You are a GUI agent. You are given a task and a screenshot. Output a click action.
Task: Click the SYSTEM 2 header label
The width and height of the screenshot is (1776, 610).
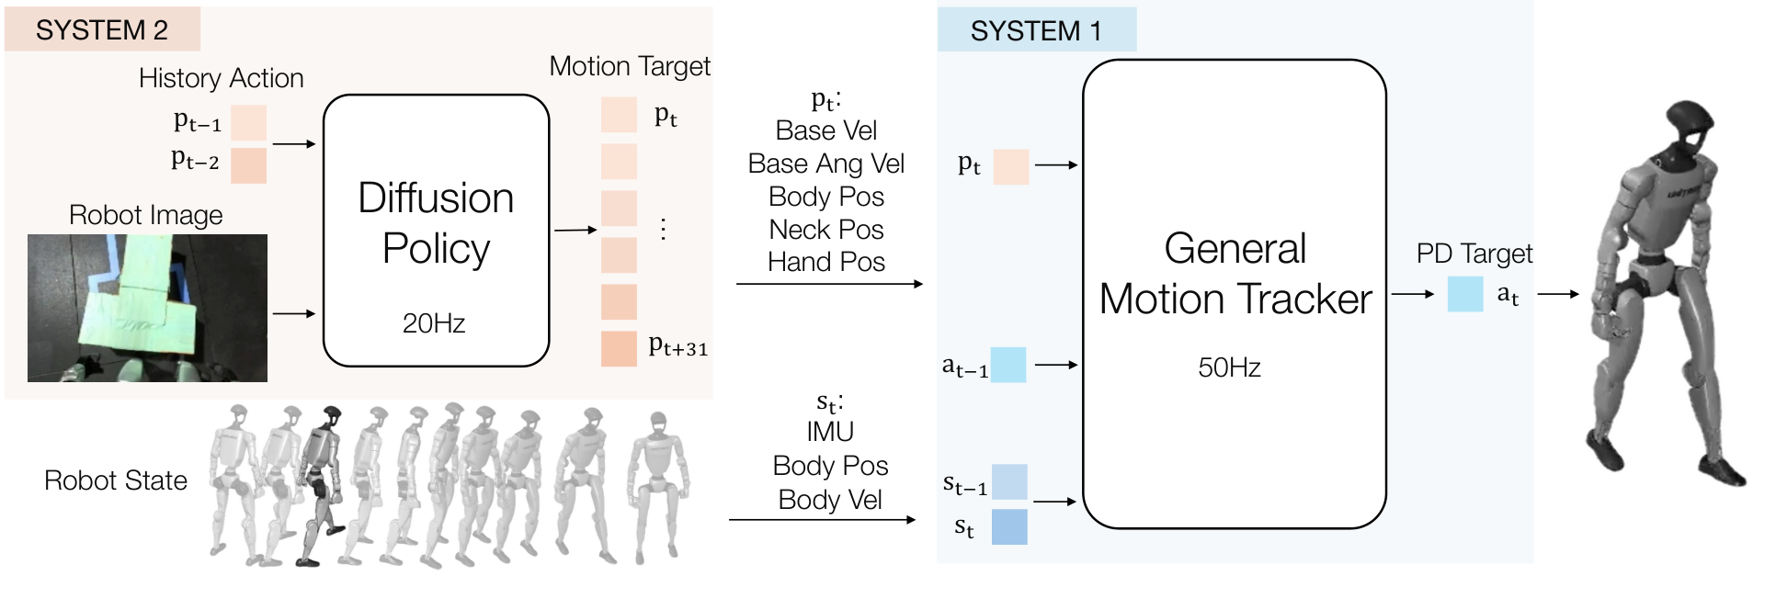coord(102,30)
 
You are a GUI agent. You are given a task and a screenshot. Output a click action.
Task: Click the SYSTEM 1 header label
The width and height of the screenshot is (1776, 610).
coord(1036,31)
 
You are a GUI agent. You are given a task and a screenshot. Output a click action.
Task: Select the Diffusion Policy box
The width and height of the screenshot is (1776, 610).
coord(436,230)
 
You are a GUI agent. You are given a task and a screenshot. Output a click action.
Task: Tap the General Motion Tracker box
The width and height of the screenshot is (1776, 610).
coord(1234,294)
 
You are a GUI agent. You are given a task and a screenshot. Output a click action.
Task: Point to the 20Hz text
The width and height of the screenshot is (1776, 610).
coord(434,323)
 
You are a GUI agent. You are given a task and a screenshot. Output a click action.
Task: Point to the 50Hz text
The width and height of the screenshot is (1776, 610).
coord(1229,367)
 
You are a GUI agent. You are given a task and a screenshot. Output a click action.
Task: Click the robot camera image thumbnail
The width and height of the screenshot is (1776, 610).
coord(147,308)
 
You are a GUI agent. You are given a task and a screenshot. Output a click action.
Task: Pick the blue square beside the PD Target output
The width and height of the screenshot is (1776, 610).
coord(1465,294)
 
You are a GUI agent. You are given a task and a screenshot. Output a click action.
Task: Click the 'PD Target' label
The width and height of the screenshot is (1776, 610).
coord(1474,254)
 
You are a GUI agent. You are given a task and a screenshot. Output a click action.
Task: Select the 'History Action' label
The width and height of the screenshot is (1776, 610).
coord(221,78)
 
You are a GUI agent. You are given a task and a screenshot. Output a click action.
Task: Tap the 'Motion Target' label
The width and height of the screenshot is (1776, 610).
coord(630,66)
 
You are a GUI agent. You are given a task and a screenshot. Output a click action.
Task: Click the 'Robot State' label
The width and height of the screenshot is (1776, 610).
coord(116,480)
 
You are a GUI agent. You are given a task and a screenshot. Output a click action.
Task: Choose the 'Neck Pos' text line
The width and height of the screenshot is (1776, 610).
coord(826,230)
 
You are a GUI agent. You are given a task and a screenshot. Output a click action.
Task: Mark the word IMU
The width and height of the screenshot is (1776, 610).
coord(830,432)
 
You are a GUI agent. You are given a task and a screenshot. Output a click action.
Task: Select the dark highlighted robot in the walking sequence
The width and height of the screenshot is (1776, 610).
coord(319,485)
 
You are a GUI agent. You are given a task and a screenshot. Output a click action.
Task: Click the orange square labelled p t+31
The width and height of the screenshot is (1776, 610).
coord(619,348)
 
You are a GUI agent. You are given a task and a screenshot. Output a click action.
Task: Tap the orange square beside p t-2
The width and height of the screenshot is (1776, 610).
coord(248,165)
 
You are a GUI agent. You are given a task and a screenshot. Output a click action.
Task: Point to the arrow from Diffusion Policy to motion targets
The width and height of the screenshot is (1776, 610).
coord(575,230)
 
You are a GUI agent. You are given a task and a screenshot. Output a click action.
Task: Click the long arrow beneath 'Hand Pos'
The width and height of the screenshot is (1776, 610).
coord(829,284)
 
